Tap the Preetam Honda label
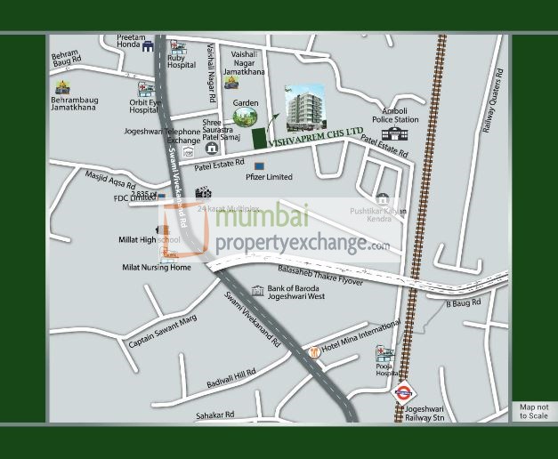tap(130, 41)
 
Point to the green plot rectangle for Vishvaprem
tap(259, 139)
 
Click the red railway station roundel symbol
tap(402, 390)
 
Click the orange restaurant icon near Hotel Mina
tap(313, 353)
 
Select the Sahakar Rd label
tap(216, 415)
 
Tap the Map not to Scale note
tap(534, 411)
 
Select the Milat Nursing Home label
tap(157, 268)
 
